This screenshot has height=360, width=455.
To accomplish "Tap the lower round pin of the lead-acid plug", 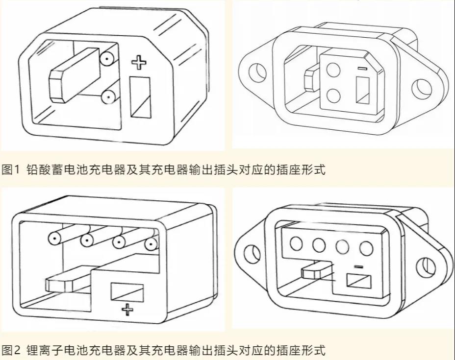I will pos(107,97).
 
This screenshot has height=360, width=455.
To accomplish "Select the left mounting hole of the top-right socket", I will pos(256,72).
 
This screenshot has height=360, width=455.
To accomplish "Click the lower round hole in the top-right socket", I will pos(334,94).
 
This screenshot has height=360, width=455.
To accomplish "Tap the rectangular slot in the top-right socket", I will pos(362,91).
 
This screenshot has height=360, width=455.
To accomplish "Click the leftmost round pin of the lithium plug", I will pos(54,239).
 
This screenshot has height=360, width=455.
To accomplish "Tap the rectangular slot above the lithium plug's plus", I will pos(127,292).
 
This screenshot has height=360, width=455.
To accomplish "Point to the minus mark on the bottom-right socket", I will pos(358,267).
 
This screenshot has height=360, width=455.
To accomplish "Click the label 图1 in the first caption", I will pos(10,170).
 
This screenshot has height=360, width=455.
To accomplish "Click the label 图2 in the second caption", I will pos(10,350).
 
